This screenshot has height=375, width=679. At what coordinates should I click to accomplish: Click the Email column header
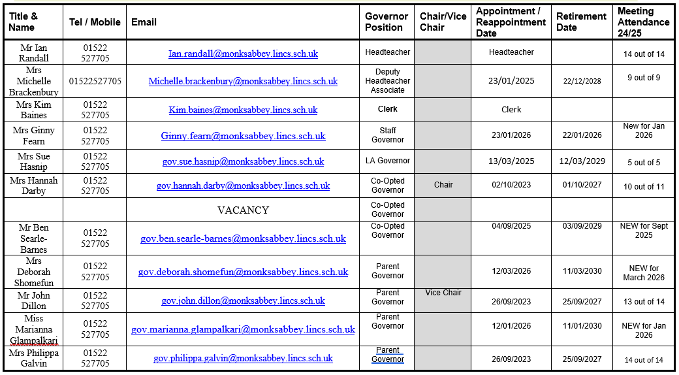point(144,22)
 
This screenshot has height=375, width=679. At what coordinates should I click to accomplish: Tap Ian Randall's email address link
point(243,54)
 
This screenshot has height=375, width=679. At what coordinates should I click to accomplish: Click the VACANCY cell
point(243,210)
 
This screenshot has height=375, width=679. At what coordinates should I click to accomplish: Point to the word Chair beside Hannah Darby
point(443,185)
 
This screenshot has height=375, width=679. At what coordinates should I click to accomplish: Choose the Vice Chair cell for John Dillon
point(443,293)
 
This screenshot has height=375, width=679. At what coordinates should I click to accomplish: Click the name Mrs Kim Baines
point(34,110)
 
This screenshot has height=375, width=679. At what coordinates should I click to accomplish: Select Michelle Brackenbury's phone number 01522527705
point(95,82)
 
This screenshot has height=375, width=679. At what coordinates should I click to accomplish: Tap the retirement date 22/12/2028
point(581,82)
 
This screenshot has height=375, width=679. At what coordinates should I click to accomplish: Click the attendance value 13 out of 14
point(644,302)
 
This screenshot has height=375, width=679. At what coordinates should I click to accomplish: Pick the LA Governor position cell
point(388,161)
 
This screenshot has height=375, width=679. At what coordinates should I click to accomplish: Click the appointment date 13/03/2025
point(511,161)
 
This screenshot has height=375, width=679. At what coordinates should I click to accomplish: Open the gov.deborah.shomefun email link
point(243,272)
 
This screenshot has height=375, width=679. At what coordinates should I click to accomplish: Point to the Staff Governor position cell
point(388,135)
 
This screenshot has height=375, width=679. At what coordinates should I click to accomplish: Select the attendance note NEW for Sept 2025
point(644,231)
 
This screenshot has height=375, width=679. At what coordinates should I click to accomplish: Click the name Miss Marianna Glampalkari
point(34,329)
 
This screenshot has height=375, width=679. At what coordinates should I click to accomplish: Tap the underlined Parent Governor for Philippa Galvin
point(388,355)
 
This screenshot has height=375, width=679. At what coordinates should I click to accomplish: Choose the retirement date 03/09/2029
point(581,226)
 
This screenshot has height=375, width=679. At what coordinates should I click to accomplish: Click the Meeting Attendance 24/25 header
point(644,22)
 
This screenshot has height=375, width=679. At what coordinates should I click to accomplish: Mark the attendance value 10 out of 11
point(644,187)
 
